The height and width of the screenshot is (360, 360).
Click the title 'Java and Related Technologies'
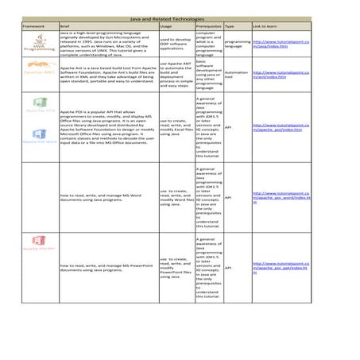[x=179, y=17]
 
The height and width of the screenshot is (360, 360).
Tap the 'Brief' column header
[x=65, y=26]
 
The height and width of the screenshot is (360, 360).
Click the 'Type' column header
[x=230, y=26]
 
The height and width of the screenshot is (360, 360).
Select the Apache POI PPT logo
[x=37, y=242]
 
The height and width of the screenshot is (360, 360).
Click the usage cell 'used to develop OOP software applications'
[x=175, y=44]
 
